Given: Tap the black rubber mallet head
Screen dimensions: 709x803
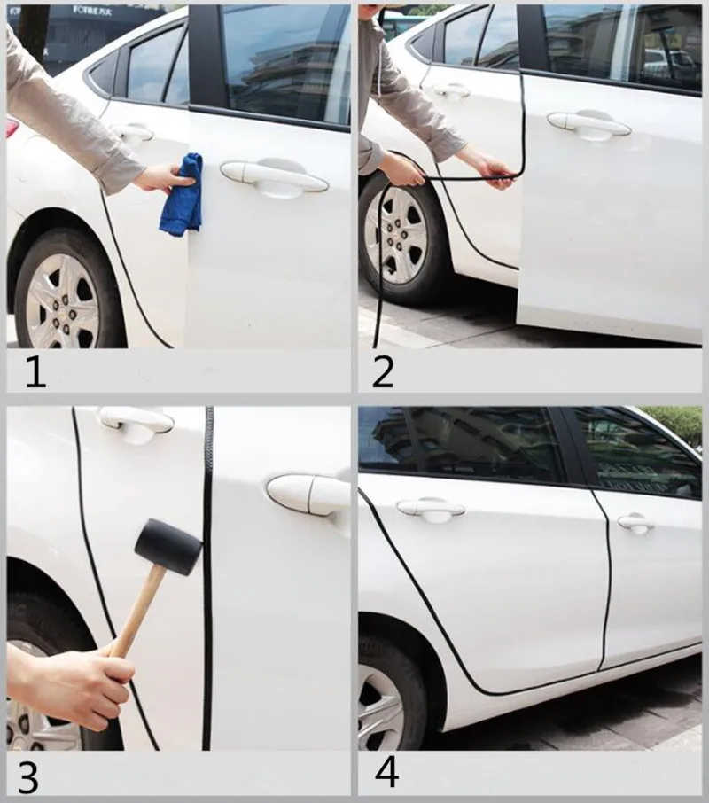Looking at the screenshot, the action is (168, 546).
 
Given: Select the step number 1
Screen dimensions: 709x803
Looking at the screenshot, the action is (35, 371).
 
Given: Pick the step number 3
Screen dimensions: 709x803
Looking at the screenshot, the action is (28, 777).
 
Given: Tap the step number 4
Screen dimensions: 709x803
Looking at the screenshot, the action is (386, 773).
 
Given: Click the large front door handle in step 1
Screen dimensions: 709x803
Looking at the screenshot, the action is (274, 176).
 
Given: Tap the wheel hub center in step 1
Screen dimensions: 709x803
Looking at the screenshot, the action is (60, 304).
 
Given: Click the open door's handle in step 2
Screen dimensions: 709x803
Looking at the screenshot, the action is (588, 124).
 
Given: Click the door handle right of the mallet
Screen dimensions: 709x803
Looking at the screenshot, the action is (308, 495).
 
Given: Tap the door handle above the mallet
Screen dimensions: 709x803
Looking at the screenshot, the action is (136, 420).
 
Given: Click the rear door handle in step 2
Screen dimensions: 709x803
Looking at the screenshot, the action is (451, 91).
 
